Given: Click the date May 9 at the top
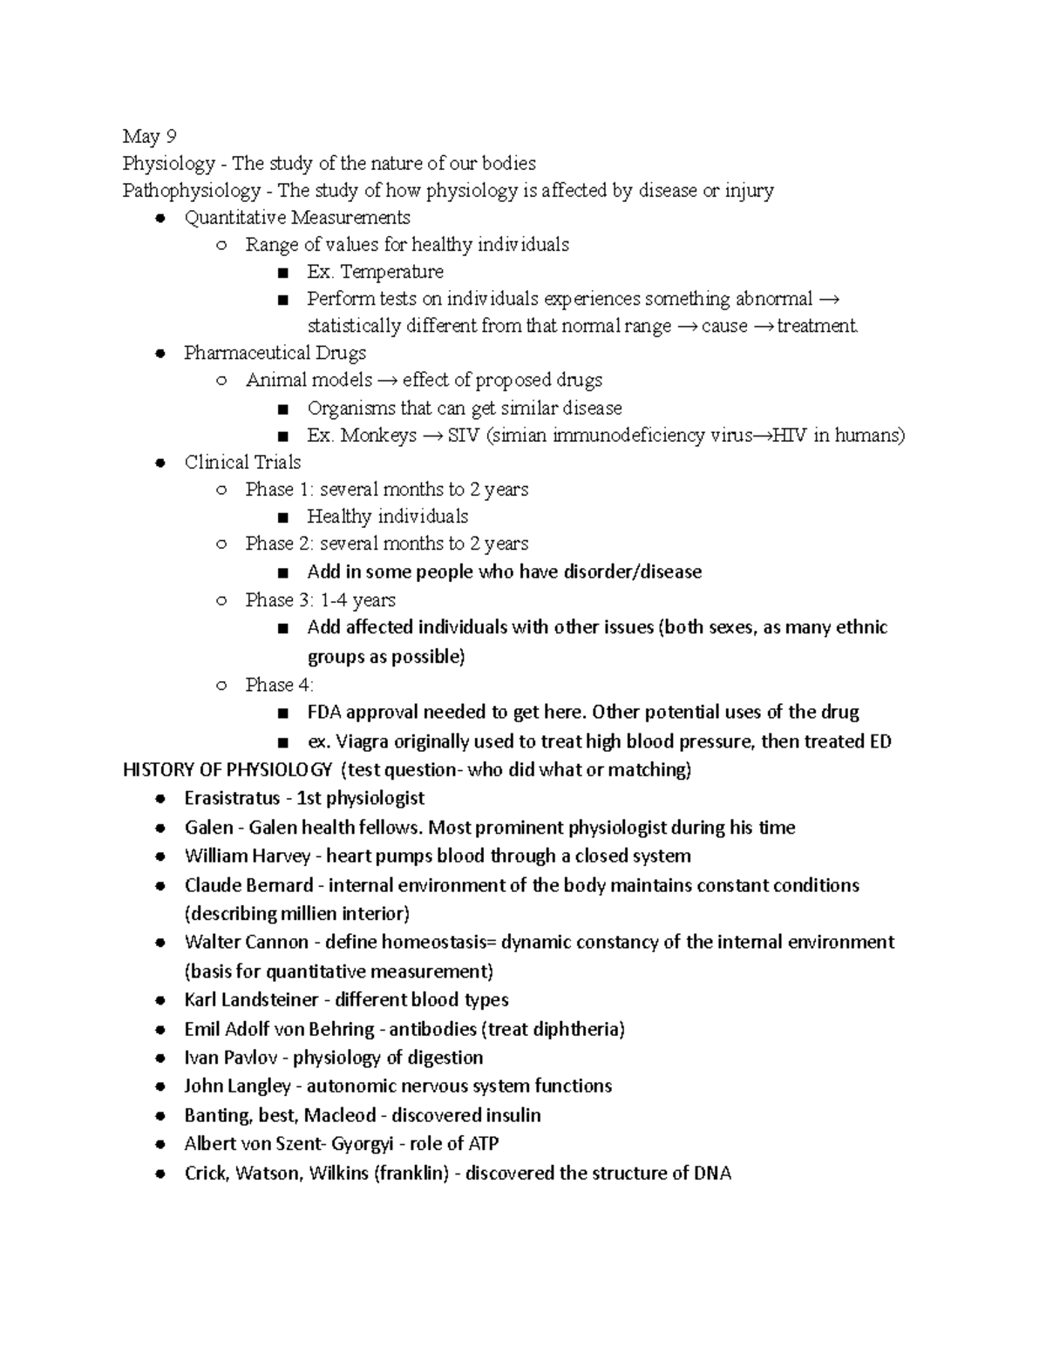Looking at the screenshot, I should [149, 136].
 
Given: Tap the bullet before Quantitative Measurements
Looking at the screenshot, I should [160, 218].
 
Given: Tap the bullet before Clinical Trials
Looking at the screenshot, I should [160, 463].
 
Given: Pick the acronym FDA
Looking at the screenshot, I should [325, 713].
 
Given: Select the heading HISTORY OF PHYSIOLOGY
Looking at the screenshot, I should [228, 770].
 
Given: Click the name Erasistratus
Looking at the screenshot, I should [232, 798].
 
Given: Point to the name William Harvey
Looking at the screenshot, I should [248, 856].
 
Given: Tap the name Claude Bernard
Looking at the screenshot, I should [248, 885].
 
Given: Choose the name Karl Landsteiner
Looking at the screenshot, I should [251, 1000].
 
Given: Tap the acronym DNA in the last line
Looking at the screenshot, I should [712, 1174].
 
